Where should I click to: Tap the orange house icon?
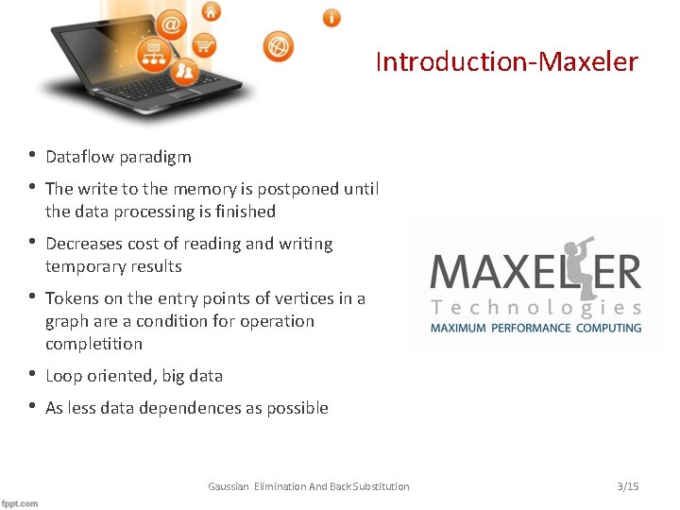(212, 11)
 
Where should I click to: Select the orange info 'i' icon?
(331, 18)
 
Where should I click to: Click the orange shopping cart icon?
(204, 45)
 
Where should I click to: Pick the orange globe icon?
(278, 45)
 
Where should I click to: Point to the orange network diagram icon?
(152, 55)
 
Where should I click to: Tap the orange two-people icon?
(185, 71)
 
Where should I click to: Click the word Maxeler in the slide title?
(588, 62)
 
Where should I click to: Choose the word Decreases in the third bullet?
(85, 244)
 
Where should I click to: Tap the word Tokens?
(72, 298)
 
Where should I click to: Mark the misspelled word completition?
(93, 344)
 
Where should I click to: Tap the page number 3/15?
(627, 486)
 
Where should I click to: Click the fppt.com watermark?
(20, 503)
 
